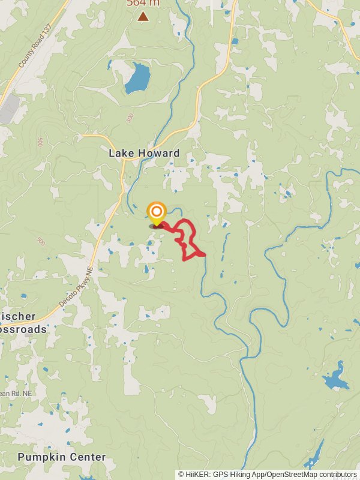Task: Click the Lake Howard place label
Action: point(144,153)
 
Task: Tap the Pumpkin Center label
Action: point(62,457)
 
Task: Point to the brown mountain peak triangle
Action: point(143,16)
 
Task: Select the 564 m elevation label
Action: point(143,3)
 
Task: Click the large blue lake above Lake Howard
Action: point(137,78)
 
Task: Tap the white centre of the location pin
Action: point(157,211)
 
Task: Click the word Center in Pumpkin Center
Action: point(90,457)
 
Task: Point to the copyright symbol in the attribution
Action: point(181,474)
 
